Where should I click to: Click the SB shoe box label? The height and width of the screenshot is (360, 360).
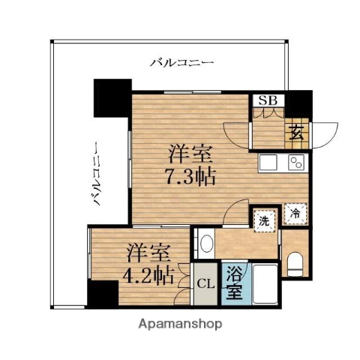pos(266,100)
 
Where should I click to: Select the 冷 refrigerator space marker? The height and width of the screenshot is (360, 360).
pos(295,214)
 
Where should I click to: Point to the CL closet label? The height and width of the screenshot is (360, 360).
pos(203,285)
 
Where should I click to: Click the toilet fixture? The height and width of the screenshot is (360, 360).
pos(295,261)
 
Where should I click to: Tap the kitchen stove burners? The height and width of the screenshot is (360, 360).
pos(294,162)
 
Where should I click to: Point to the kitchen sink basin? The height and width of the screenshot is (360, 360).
pos(268,162)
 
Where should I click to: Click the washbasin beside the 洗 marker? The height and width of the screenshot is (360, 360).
pos(205,244)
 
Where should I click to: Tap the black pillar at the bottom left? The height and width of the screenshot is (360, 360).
pos(103,293)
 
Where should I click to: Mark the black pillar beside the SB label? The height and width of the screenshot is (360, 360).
pos(299,100)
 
